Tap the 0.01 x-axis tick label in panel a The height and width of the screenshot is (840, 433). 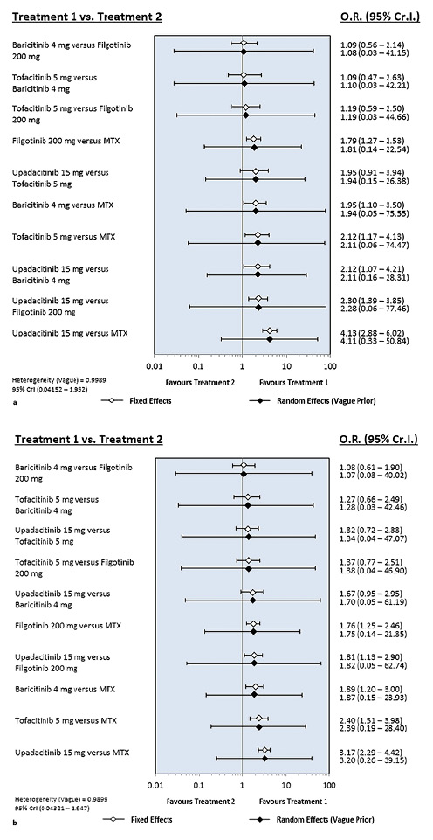pyautogui.click(x=155, y=367)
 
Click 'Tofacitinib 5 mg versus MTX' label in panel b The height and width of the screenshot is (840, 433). pyautogui.click(x=71, y=719)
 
